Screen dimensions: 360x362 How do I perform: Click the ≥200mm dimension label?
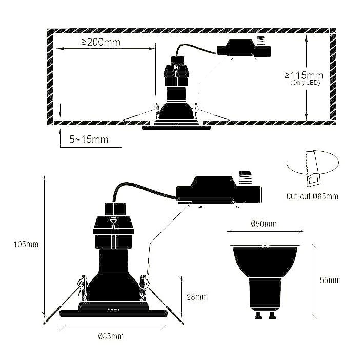click(100, 42)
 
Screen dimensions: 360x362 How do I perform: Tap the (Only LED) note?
click(305, 82)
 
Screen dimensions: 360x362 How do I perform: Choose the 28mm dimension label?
click(197, 296)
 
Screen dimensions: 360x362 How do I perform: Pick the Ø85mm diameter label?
click(111, 336)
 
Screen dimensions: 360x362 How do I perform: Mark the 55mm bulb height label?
click(330, 280)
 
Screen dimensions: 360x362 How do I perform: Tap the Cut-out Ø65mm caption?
click(312, 196)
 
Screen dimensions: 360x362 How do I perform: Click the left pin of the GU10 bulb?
click(258, 314)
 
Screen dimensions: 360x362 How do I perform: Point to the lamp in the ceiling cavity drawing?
click(176, 108)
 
